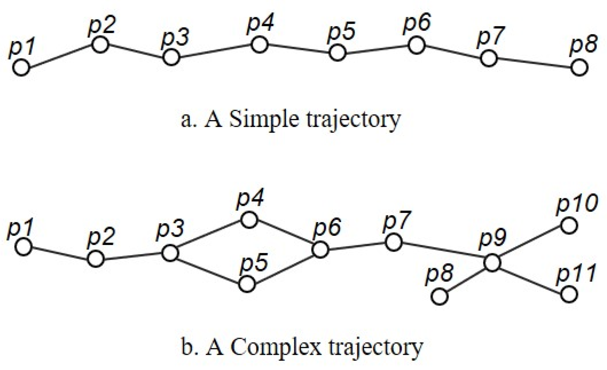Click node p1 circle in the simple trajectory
21,68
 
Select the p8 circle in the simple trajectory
579,68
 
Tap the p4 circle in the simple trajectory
259,45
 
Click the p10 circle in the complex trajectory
569,226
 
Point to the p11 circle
569,294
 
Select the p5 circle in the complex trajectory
247,284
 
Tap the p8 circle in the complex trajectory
440,297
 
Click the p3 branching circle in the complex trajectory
170,253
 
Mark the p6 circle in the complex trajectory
320,249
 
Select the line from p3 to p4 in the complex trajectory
210,236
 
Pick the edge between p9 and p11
530,279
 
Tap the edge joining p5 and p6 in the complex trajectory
283,267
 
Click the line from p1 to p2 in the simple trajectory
60,56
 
